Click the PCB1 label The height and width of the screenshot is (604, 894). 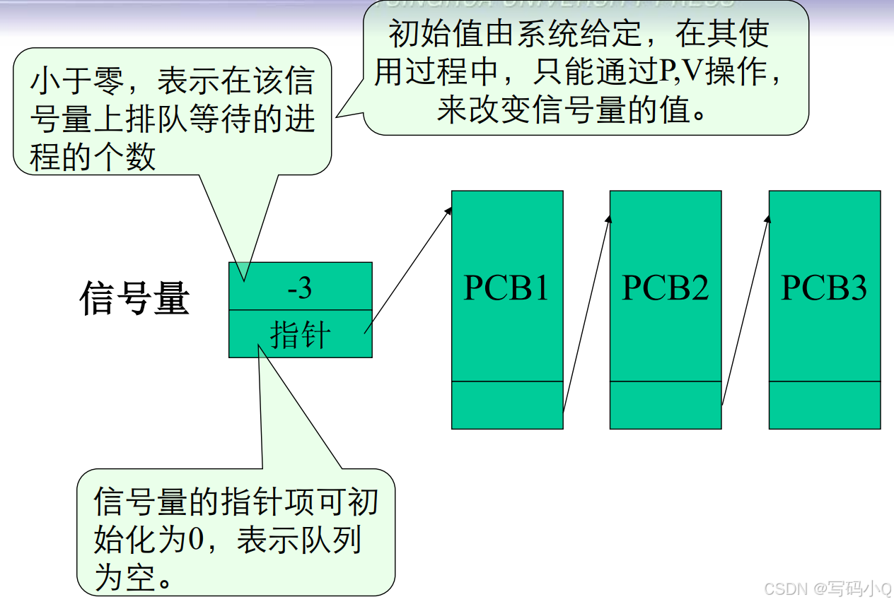pyautogui.click(x=506, y=288)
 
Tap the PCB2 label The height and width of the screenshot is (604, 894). pyautogui.click(x=665, y=288)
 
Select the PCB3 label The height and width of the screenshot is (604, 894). pyautogui.click(x=824, y=288)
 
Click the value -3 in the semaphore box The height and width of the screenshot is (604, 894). pyautogui.click(x=300, y=288)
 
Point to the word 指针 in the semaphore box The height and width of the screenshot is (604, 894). pyautogui.click(x=300, y=334)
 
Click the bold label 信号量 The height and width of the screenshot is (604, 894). pyautogui.click(x=134, y=298)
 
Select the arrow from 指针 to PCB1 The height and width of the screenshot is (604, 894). pyautogui.click(x=408, y=269)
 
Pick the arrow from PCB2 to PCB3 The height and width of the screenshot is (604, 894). pyautogui.click(x=745, y=311)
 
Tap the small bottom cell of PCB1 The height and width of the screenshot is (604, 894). pyautogui.click(x=507, y=405)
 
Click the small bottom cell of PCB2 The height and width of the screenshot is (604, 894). pyautogui.click(x=666, y=405)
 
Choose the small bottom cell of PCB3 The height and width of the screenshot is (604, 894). pyautogui.click(x=825, y=405)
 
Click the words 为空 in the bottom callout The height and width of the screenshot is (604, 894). pyautogui.click(x=124, y=579)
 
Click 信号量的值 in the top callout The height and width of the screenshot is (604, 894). pyautogui.click(x=593, y=111)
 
